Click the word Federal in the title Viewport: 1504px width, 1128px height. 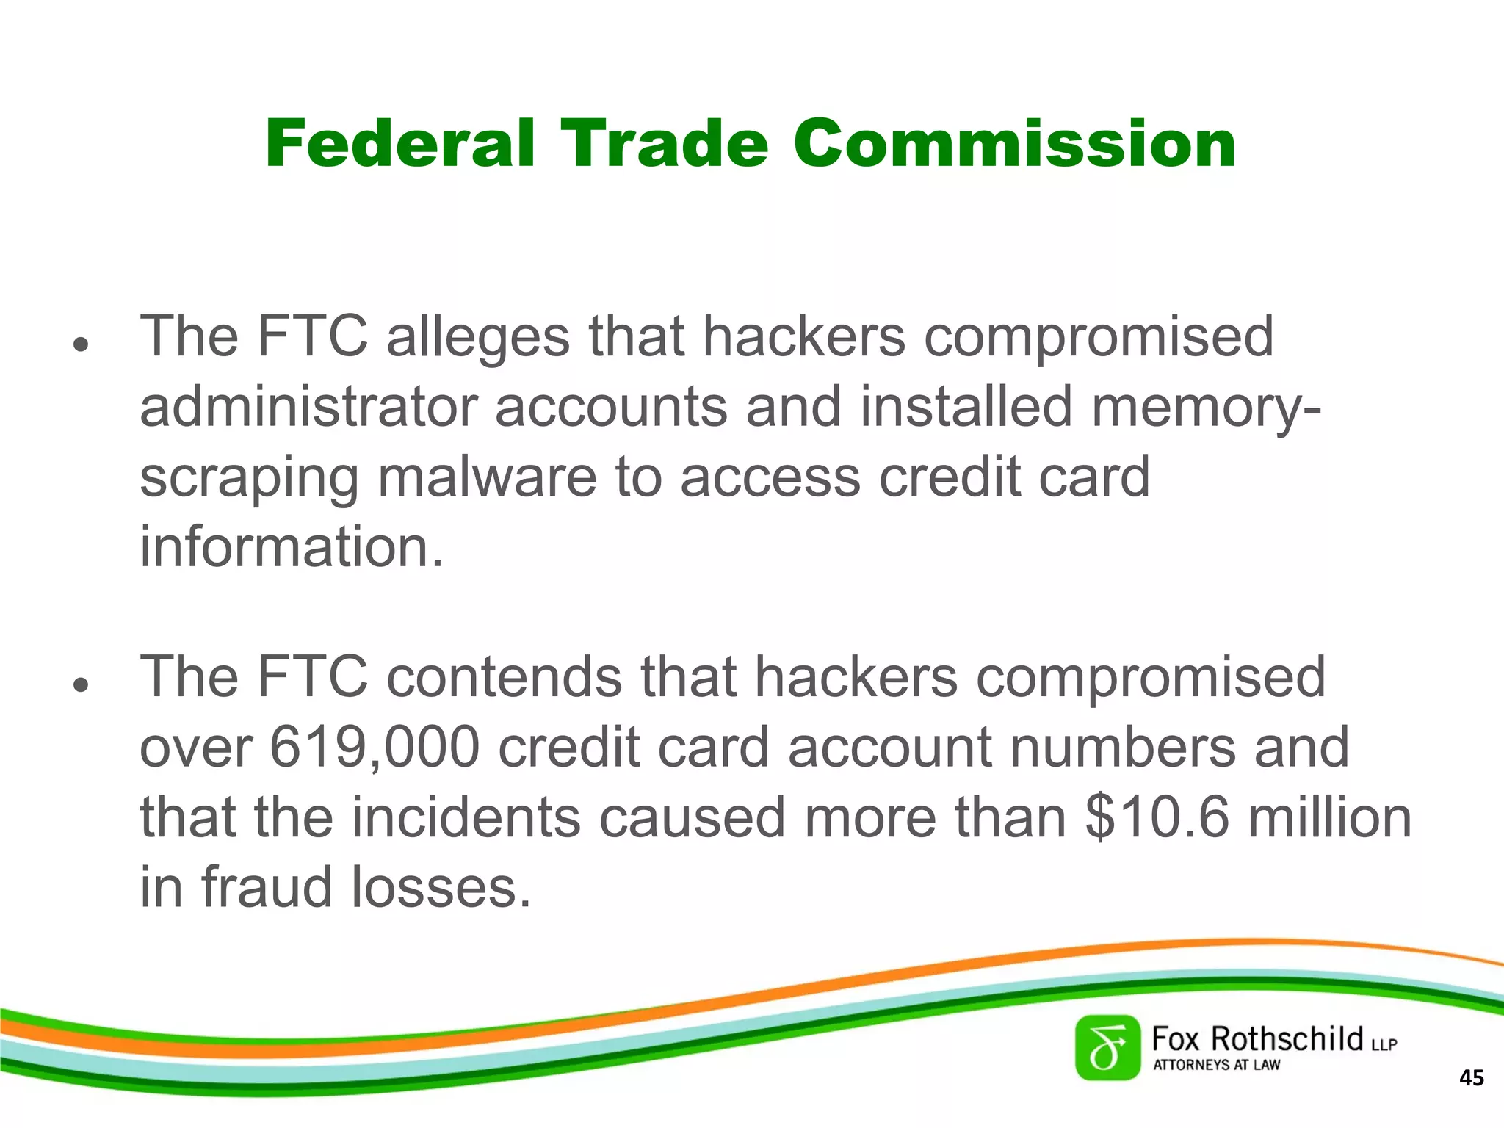[399, 144]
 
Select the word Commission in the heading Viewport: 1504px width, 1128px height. [1014, 144]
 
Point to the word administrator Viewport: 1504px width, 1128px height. [308, 408]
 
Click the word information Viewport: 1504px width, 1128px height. [292, 547]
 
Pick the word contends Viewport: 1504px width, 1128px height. [504, 677]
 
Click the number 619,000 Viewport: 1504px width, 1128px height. [375, 748]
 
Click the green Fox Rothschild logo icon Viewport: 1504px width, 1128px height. [1107, 1048]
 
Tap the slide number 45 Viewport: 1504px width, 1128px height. [1471, 1078]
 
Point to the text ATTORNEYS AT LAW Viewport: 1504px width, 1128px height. [1216, 1065]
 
